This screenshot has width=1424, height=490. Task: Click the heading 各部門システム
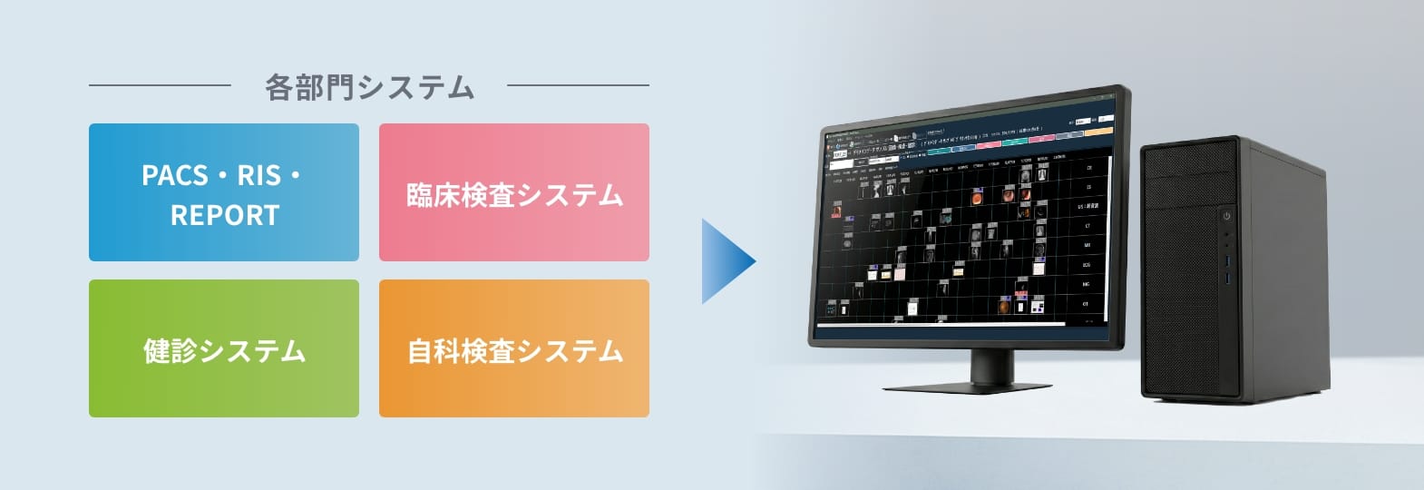tap(369, 87)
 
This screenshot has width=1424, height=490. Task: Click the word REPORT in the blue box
tap(225, 215)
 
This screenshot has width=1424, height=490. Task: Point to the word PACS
tap(175, 175)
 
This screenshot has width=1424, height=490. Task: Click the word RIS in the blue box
tap(258, 175)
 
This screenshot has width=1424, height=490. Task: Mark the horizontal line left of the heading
tap(160, 85)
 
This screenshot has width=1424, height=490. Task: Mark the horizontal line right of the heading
tap(578, 85)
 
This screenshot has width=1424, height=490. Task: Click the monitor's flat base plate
tap(967, 387)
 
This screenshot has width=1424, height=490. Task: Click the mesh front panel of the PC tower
tap(1188, 299)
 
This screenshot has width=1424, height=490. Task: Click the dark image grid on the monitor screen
tap(961, 245)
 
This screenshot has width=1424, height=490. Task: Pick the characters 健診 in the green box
tap(170, 350)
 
